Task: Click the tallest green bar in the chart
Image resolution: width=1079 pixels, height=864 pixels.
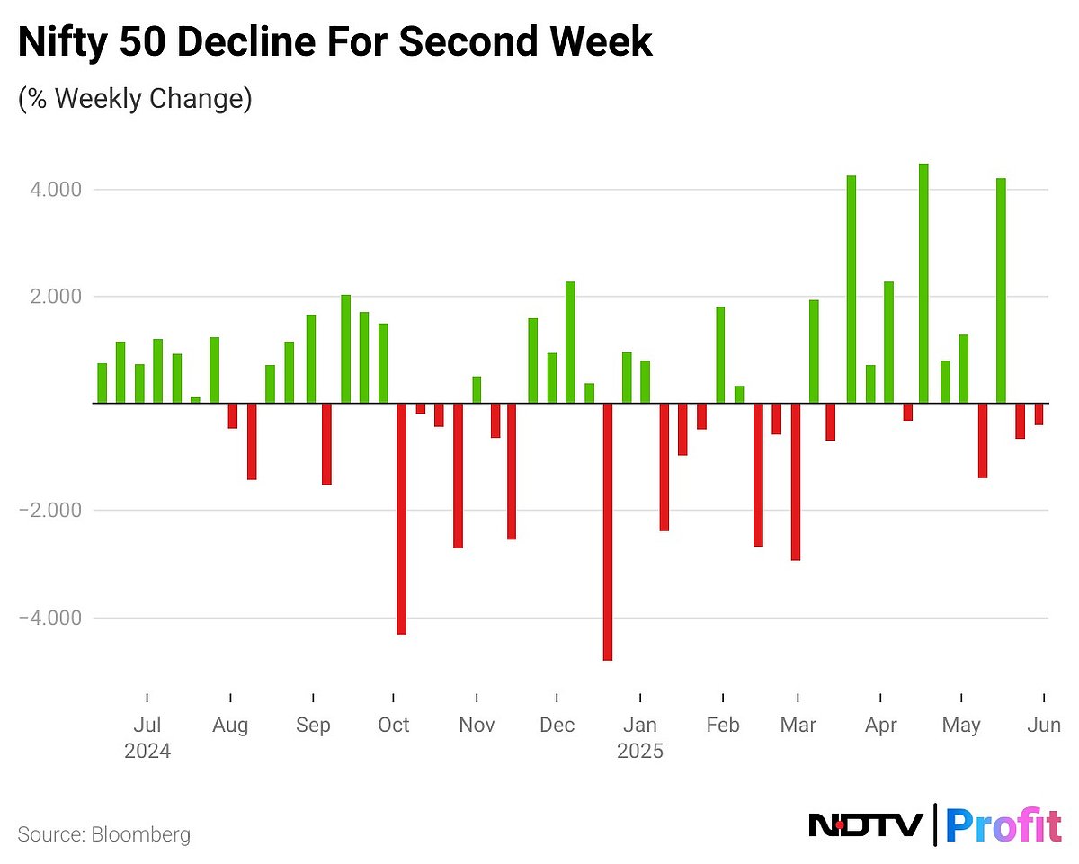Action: coord(923,283)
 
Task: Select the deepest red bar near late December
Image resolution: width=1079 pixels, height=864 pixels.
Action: coord(608,531)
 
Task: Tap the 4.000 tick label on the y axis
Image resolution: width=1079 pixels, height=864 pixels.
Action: coord(56,190)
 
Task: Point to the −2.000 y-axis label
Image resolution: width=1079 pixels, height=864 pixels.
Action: coord(51,511)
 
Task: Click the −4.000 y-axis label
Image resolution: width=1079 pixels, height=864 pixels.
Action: coord(51,618)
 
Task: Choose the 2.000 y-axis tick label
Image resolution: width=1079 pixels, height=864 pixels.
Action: coord(56,297)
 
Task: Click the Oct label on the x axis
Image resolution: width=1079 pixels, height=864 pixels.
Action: coord(393,725)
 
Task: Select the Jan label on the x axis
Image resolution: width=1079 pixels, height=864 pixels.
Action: coord(640,725)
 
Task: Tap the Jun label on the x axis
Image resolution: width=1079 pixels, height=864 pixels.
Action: coord(1044,725)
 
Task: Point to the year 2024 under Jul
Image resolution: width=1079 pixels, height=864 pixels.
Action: coord(147,751)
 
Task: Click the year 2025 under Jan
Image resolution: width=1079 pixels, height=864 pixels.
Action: coord(640,751)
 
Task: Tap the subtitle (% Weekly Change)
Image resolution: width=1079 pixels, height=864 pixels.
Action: coord(135,97)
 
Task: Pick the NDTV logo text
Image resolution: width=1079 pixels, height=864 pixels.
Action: coord(866,824)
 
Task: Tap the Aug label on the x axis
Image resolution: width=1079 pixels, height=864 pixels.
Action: coord(231,725)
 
